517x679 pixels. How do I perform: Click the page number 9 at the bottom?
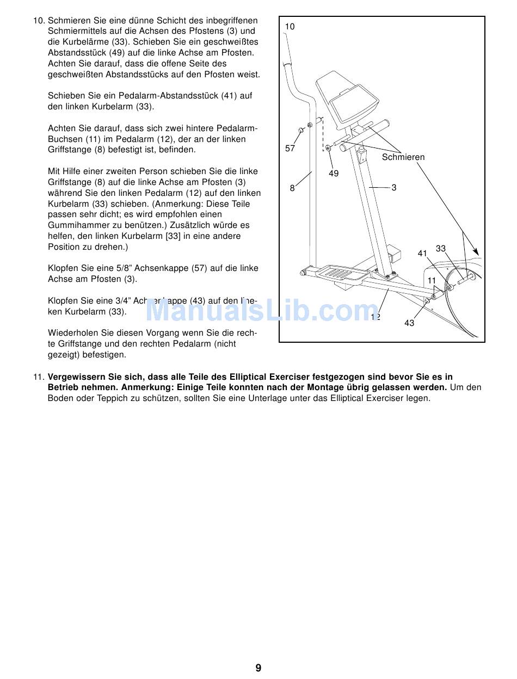point(258,668)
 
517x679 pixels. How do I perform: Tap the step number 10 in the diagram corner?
point(290,27)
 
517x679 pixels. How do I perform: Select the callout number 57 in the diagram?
point(290,149)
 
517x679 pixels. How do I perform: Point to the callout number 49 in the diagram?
point(334,173)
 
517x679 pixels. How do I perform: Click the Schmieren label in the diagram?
point(403,157)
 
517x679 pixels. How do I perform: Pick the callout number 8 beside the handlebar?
point(292,188)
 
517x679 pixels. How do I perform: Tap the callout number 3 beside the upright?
point(394,188)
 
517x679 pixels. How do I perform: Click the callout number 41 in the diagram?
point(422,254)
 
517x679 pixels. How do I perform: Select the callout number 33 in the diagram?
point(441,249)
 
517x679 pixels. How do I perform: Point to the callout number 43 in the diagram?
point(409,323)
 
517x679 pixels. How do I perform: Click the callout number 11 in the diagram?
point(432,281)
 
